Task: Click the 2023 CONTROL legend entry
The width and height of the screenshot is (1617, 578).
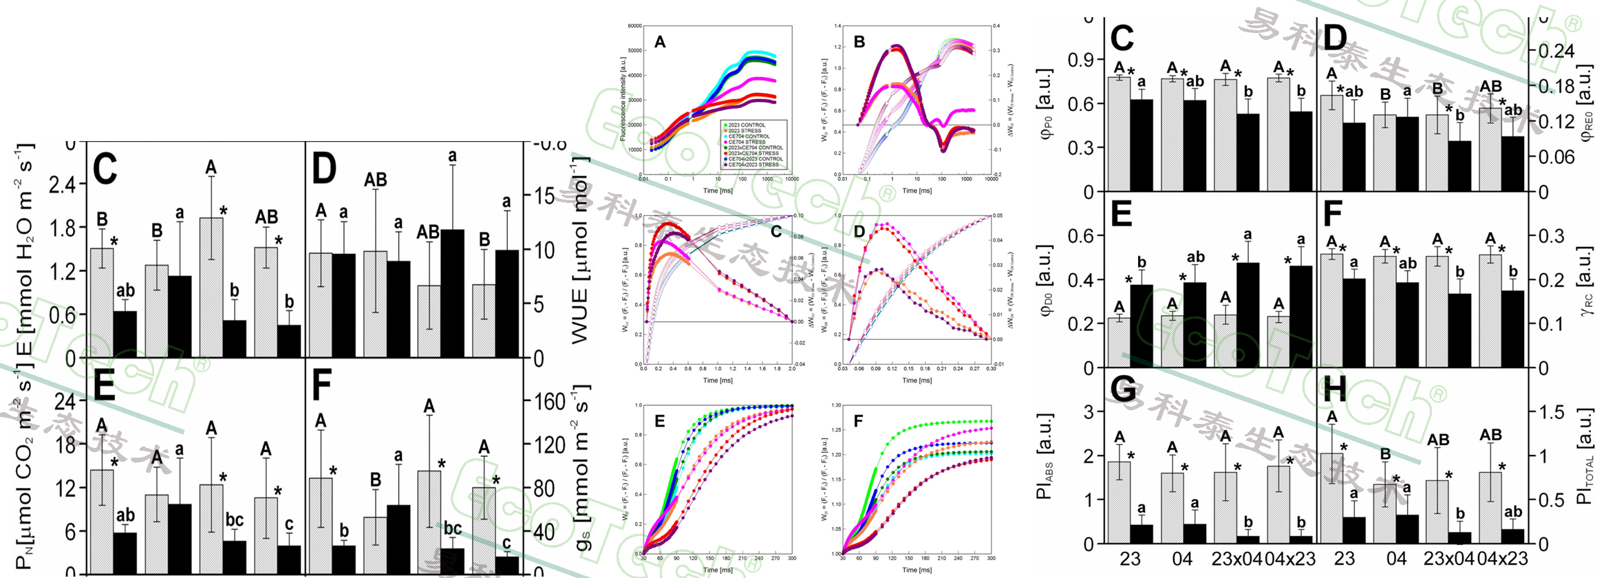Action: [747, 125]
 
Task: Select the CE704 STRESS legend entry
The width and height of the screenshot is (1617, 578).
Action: [747, 142]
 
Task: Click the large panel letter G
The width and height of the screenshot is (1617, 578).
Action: [1123, 390]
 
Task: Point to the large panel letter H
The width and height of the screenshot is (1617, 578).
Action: [1335, 390]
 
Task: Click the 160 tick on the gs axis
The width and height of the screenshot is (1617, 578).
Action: [550, 401]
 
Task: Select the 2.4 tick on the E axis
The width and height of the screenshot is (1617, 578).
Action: [67, 184]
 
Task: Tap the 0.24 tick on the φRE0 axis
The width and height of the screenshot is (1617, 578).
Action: [1556, 51]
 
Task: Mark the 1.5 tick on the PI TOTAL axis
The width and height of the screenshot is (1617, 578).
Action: [1552, 412]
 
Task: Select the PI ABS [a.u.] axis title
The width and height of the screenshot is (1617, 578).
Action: [1045, 456]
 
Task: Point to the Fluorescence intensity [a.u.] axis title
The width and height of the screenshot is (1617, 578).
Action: [623, 99]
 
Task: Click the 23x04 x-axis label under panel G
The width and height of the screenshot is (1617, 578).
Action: [1236, 559]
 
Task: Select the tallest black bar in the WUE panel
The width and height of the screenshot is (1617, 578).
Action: [452, 293]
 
